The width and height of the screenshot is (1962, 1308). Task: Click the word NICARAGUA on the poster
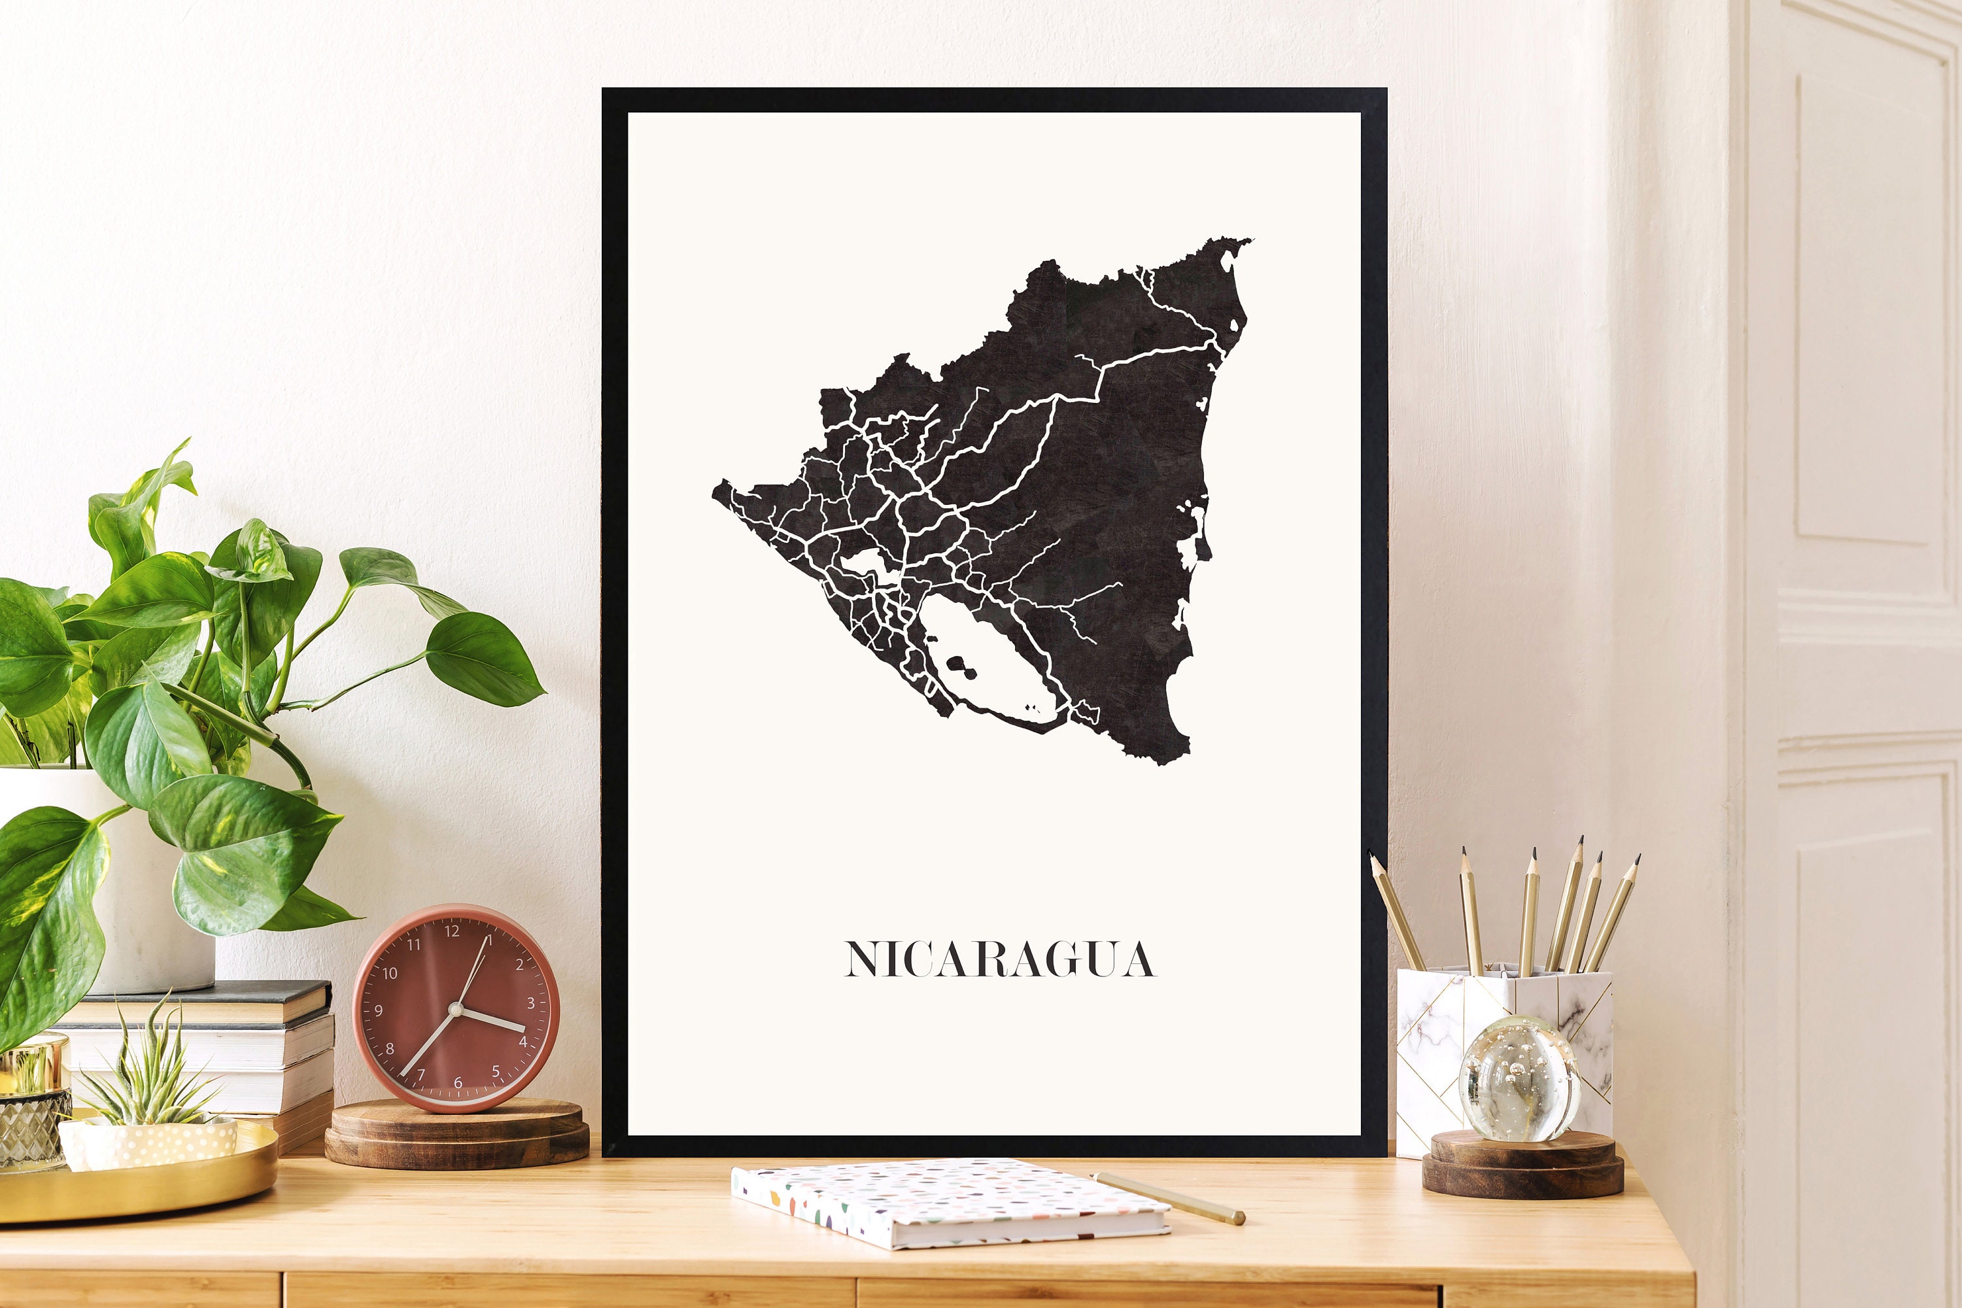pyautogui.click(x=999, y=959)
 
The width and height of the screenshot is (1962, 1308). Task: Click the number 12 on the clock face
pyautogui.click(x=451, y=932)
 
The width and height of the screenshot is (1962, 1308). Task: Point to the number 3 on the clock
pyautogui.click(x=530, y=1003)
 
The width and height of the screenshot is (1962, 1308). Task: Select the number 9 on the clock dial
pyautogui.click(x=379, y=1011)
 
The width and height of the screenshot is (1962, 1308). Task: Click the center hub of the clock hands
pyautogui.click(x=455, y=1009)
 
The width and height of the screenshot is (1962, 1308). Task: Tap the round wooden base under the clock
pyautogui.click(x=456, y=1135)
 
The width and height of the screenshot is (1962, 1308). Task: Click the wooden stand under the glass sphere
pyautogui.click(x=1523, y=1163)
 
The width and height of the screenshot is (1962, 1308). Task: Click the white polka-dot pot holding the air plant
pyautogui.click(x=150, y=1143)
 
